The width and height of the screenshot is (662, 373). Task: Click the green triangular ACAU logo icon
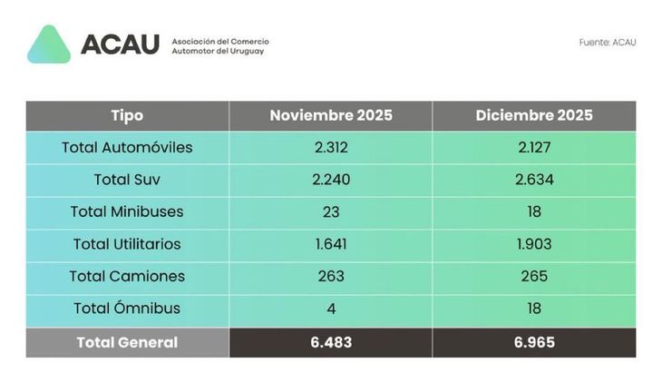pyautogui.click(x=49, y=45)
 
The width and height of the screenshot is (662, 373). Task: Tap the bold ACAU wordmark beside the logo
pyautogui.click(x=119, y=44)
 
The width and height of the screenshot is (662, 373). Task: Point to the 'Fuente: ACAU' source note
pyautogui.click(x=607, y=43)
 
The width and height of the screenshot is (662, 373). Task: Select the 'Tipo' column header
pyautogui.click(x=127, y=115)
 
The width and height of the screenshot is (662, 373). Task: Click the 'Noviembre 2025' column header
pyautogui.click(x=330, y=115)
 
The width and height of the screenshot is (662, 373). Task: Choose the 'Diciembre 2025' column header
pyautogui.click(x=533, y=115)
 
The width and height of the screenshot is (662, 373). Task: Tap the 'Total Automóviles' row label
pyautogui.click(x=127, y=147)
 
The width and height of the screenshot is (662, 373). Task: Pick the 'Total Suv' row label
pyautogui.click(x=127, y=180)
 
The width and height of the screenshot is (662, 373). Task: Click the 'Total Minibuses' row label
pyautogui.click(x=127, y=211)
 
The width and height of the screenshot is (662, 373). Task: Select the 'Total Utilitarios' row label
pyautogui.click(x=127, y=244)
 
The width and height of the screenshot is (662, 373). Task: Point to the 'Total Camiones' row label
pyautogui.click(x=127, y=276)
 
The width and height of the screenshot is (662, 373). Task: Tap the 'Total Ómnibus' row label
pyautogui.click(x=127, y=309)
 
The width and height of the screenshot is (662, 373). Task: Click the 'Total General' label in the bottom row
pyautogui.click(x=127, y=342)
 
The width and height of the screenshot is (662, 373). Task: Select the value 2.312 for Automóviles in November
pyautogui.click(x=330, y=147)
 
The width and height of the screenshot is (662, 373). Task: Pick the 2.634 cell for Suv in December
pyautogui.click(x=533, y=180)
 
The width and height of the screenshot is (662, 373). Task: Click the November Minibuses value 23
pyautogui.click(x=330, y=211)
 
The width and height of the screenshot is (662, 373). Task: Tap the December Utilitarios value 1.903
pyautogui.click(x=533, y=244)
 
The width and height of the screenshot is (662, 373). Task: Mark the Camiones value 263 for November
pyautogui.click(x=330, y=276)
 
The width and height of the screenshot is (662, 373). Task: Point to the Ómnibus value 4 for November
pyautogui.click(x=330, y=309)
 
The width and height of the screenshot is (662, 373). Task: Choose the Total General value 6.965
pyautogui.click(x=533, y=342)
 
